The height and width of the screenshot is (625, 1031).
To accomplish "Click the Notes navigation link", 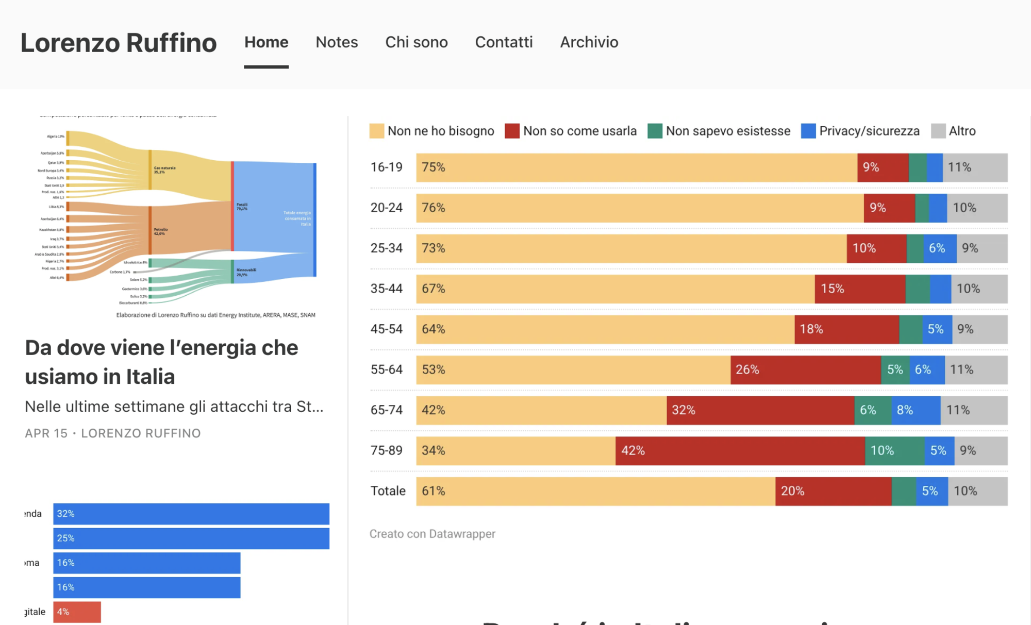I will pos(337,42).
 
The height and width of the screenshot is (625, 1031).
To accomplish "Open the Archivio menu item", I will pos(589,42).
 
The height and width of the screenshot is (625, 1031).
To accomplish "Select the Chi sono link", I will pos(416,42).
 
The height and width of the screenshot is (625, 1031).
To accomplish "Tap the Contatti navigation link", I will pos(504,42).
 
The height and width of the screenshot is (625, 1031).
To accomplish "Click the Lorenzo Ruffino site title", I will pos(119,43).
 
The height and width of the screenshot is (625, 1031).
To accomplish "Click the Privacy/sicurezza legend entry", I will pos(869,131).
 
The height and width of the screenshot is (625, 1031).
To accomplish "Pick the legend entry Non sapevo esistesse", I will pos(727,131).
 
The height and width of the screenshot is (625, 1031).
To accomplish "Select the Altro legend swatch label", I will pos(961,131).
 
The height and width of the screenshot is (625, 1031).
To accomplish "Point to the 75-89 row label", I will pos(386,450).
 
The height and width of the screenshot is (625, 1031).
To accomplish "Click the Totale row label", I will pos(388,491).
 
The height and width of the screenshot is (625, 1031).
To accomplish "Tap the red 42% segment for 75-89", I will pos(740,451).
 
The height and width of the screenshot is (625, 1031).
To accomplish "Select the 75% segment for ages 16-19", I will pos(636,167).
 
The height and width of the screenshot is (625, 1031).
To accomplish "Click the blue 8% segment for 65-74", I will pos(916,410).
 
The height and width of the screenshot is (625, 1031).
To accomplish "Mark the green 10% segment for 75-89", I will pos(894,451).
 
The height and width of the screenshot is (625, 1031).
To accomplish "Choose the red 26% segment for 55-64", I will pos(805,369).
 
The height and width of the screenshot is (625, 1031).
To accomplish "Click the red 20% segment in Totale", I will pos(833,491).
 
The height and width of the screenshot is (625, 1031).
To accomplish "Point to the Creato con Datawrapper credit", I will pos(432,534).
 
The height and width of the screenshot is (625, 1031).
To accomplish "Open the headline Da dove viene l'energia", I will pos(161,362).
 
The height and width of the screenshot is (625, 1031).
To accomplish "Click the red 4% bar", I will pos(77,612).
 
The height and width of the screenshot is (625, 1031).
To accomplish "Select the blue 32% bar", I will pos(191,514).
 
